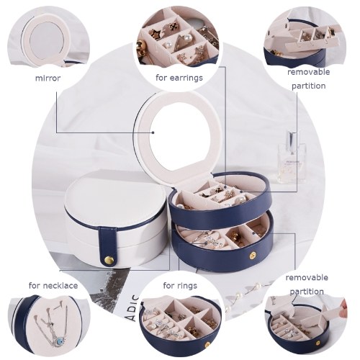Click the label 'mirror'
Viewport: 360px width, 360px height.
point(48,78)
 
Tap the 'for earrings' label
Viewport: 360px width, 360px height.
point(179,78)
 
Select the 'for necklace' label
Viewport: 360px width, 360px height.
point(53,286)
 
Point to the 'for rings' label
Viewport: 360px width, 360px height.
point(180,286)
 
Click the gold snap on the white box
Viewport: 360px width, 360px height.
point(109,260)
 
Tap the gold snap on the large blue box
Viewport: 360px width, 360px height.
point(253,255)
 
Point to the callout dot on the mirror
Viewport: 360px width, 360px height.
point(153,132)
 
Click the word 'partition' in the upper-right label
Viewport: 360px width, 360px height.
point(309,86)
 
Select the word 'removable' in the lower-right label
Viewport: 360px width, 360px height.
point(307,278)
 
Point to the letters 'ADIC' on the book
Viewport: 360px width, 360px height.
point(134,307)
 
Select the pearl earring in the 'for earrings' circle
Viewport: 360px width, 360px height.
point(188,37)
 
